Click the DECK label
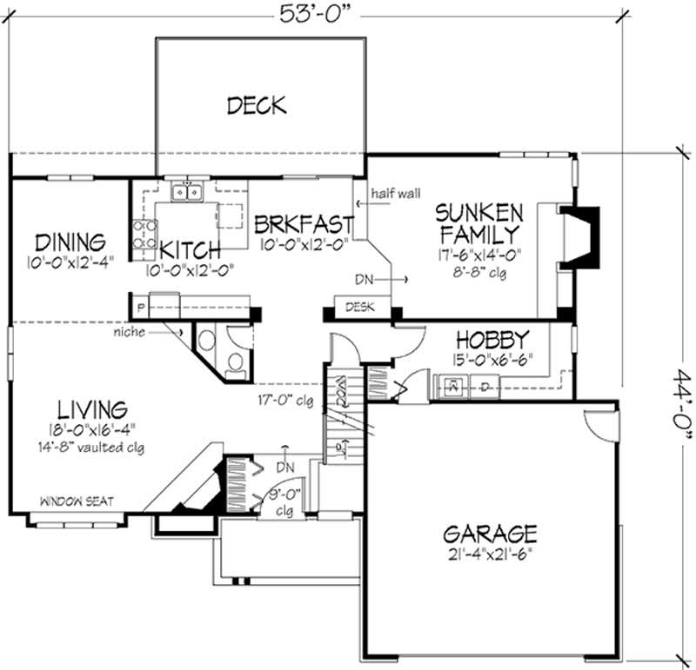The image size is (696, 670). (257, 106)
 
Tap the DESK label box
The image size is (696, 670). (360, 308)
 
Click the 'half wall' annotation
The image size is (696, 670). (395, 193)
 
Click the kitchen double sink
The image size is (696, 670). (187, 191)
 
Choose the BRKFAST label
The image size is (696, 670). (304, 225)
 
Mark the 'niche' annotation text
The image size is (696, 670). (128, 331)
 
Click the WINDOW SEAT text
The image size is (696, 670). (75, 501)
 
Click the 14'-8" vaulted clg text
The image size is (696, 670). (97, 448)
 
